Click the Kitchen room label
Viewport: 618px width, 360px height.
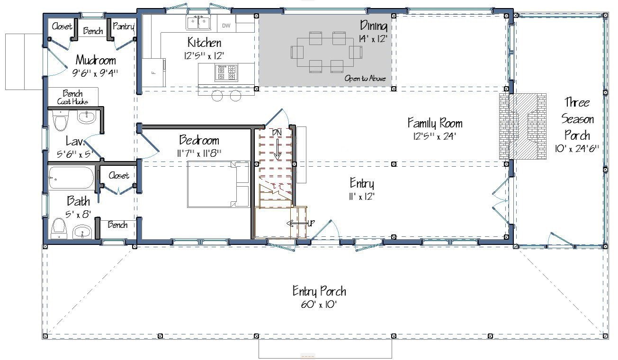pyautogui.click(x=205, y=43)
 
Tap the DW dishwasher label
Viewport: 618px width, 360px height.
pyautogui.click(x=226, y=26)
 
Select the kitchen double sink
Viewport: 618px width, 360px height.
pyautogui.click(x=198, y=23)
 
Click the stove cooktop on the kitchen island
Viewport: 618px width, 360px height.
pyautogui.click(x=226, y=72)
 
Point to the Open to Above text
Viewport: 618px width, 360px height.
pyautogui.click(x=365, y=78)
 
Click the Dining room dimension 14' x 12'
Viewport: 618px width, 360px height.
pyautogui.click(x=373, y=39)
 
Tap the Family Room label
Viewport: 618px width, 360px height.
pyautogui.click(x=435, y=123)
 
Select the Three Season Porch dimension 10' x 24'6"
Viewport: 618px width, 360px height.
pyautogui.click(x=577, y=149)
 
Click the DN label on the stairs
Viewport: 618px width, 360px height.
pyautogui.click(x=277, y=133)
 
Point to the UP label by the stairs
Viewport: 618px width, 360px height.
pyautogui.click(x=311, y=223)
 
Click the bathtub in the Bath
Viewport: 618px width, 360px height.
pyautogui.click(x=71, y=178)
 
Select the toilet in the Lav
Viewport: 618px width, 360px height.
pyautogui.click(x=60, y=121)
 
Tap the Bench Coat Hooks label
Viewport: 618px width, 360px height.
pyautogui.click(x=72, y=97)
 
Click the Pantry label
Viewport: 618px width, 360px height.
pyautogui.click(x=123, y=27)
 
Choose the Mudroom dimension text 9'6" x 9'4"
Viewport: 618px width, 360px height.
pyautogui.click(x=95, y=73)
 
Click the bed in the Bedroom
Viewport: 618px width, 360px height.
pyautogui.click(x=218, y=184)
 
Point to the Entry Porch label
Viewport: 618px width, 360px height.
pyautogui.click(x=319, y=291)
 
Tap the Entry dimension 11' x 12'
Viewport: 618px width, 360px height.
pyautogui.click(x=362, y=197)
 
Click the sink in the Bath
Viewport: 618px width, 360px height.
pyautogui.click(x=82, y=232)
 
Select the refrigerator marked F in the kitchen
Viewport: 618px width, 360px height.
pyautogui.click(x=154, y=72)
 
